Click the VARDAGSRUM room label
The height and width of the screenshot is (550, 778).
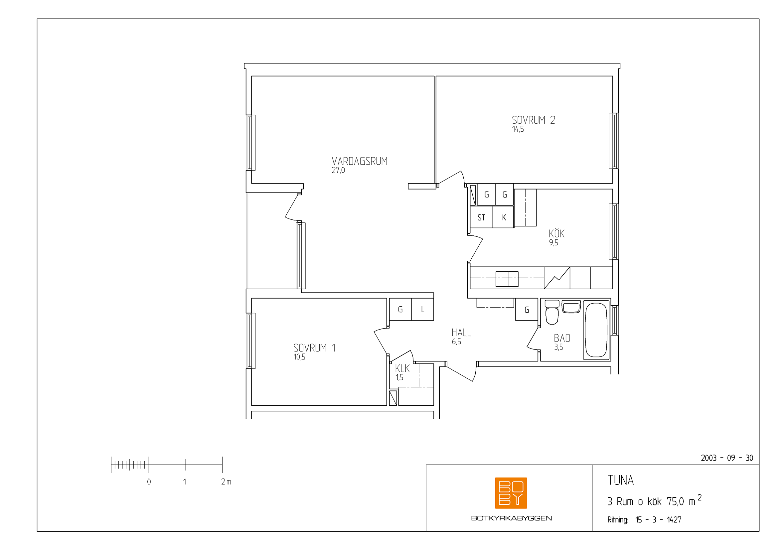click(360, 161)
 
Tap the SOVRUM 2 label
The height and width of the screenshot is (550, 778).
click(533, 120)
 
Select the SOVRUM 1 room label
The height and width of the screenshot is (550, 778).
click(314, 348)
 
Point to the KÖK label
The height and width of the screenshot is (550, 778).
click(556, 233)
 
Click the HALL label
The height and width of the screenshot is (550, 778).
click(461, 333)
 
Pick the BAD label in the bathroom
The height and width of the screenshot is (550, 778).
click(562, 338)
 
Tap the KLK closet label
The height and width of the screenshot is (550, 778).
click(402, 368)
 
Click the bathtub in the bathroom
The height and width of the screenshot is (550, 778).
click(596, 330)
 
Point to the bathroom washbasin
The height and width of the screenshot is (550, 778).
click(571, 307)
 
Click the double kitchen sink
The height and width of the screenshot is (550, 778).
click(507, 279)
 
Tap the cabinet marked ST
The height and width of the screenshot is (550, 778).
click(481, 217)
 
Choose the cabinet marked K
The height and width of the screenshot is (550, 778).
click(503, 217)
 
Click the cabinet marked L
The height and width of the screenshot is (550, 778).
click(422, 309)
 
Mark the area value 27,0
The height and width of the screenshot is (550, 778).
click(338, 170)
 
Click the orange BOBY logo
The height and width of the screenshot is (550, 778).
click(511, 493)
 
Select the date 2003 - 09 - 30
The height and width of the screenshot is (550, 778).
click(727, 458)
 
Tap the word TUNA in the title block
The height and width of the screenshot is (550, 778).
click(620, 480)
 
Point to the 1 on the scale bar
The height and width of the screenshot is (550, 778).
click(185, 481)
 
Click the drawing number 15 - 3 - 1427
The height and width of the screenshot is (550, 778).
click(658, 519)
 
